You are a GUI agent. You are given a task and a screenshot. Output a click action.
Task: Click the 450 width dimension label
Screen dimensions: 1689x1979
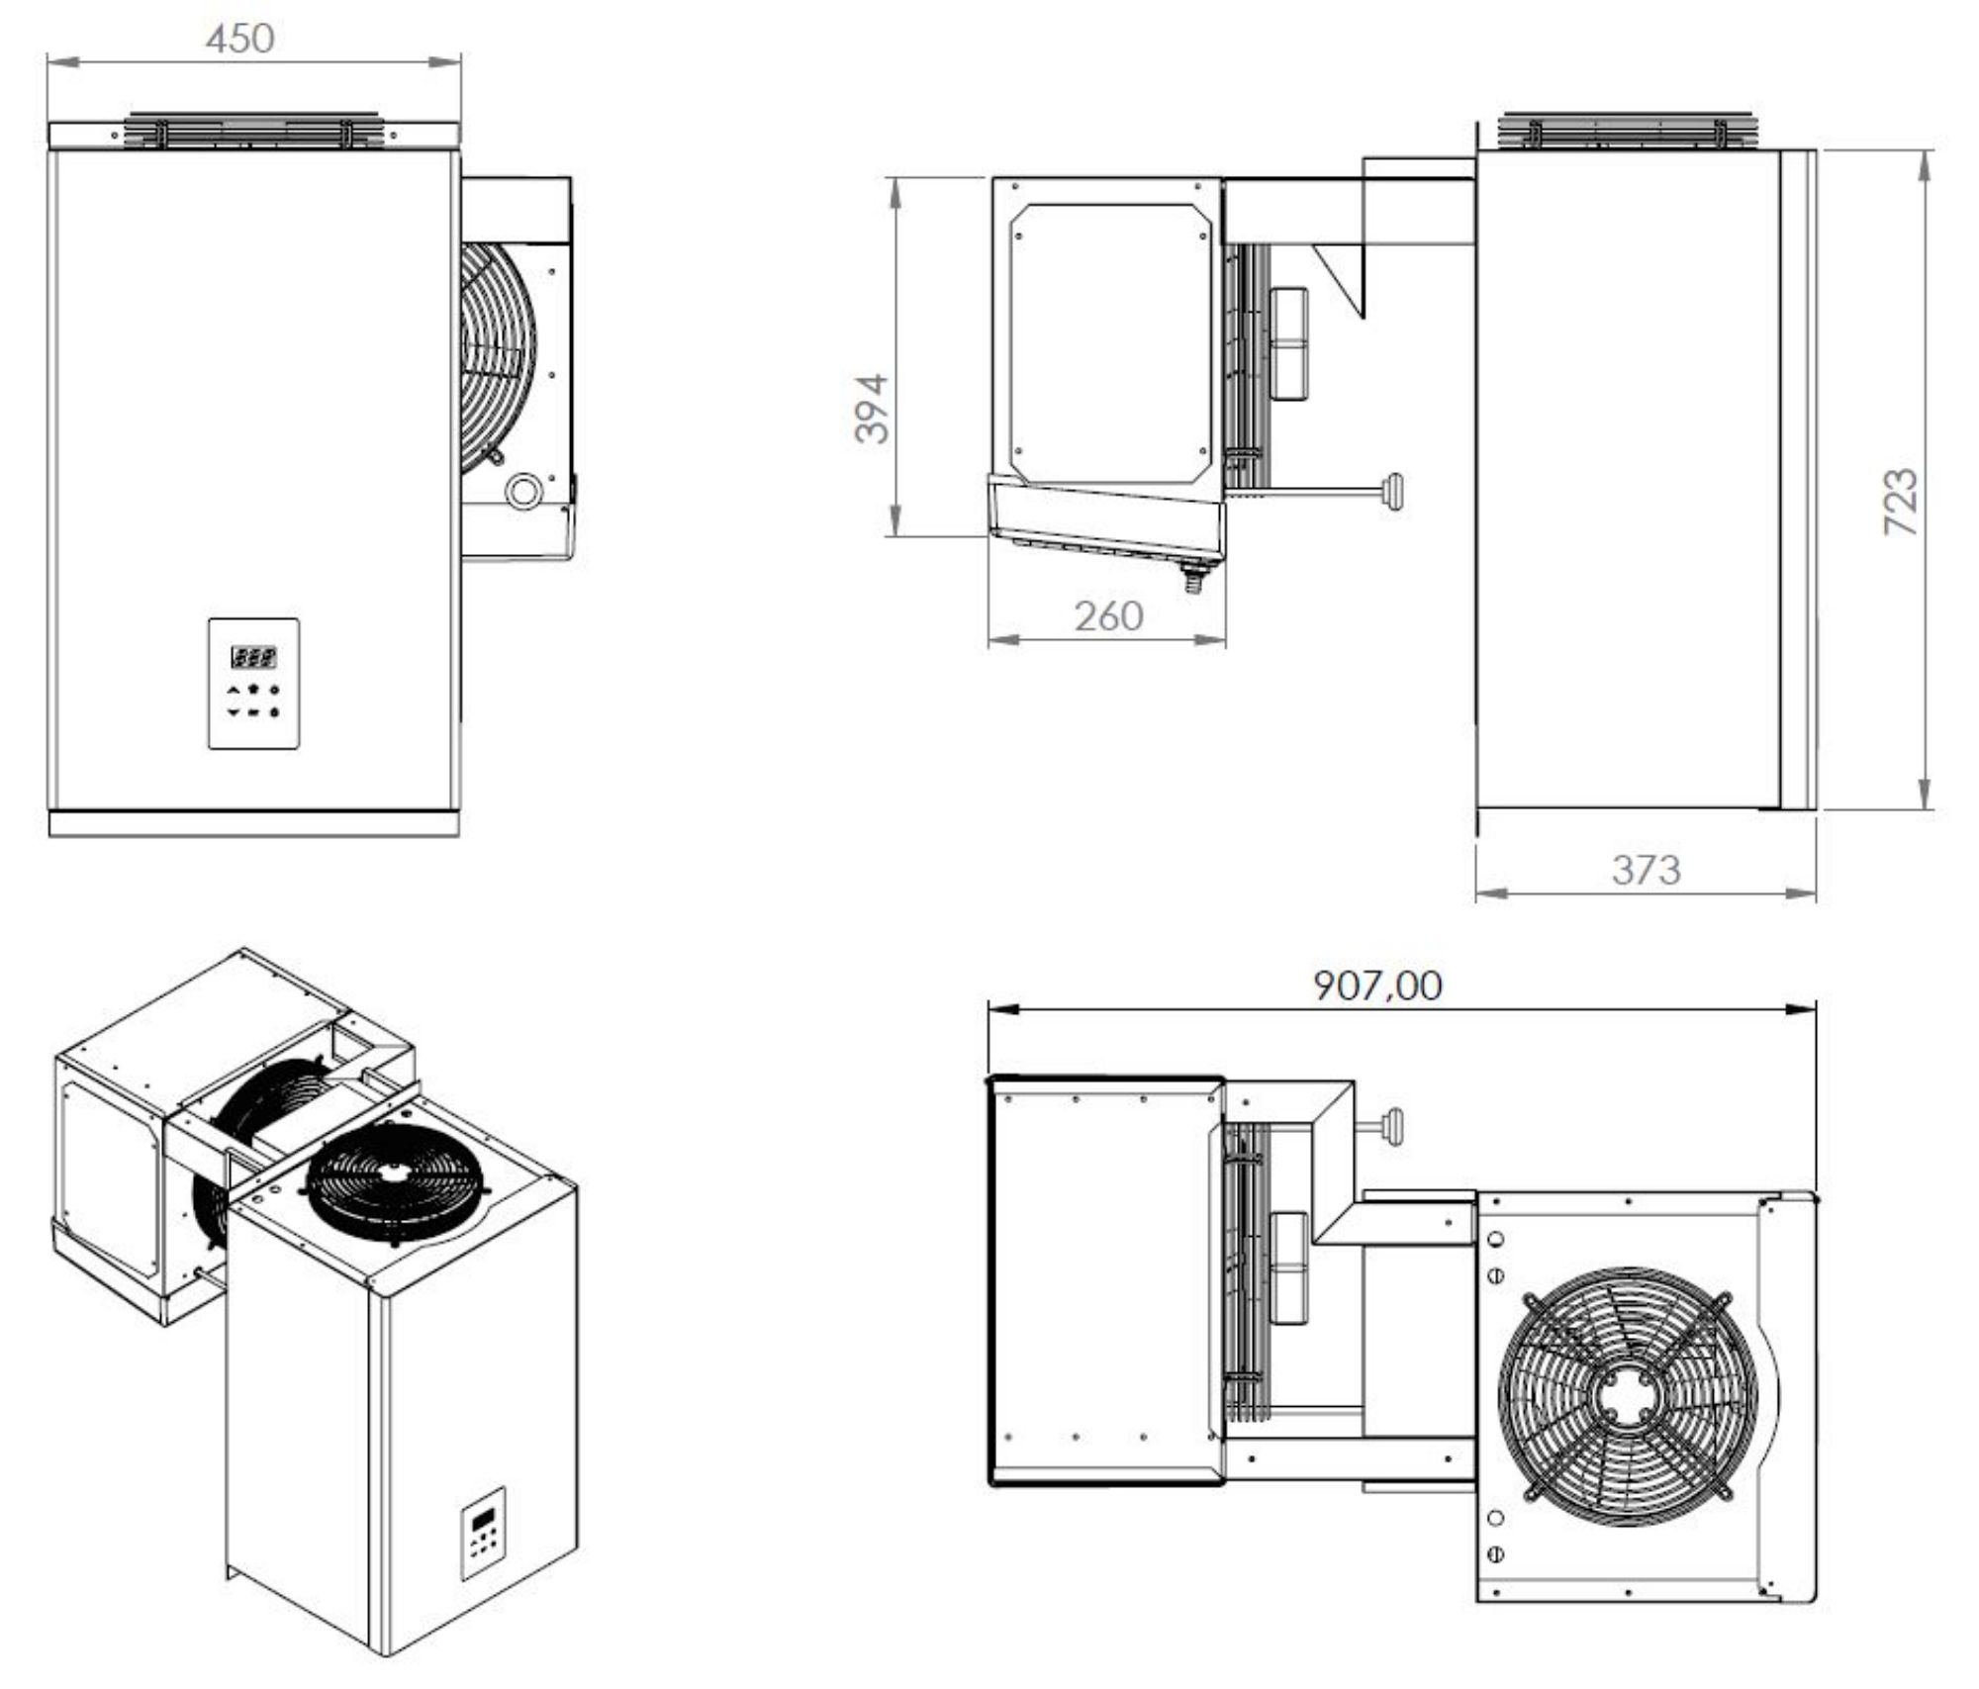239,39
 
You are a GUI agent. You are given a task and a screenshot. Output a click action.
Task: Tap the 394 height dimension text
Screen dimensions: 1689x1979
873,409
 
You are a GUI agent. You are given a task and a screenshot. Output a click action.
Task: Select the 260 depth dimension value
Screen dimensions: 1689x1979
1108,616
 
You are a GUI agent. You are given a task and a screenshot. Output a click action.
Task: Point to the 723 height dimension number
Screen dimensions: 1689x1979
1900,502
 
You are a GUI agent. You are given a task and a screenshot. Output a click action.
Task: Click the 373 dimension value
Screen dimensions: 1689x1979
1646,870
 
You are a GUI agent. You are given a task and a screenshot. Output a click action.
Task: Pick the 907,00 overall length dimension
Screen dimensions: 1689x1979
1377,985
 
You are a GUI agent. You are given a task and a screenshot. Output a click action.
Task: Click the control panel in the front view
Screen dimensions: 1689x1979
253,683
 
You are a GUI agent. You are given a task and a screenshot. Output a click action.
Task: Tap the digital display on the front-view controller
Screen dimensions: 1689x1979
253,656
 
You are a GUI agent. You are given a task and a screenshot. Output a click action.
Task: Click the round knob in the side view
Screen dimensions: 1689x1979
1396,491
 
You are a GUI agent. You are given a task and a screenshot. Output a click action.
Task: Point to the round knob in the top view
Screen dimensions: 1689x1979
1395,1125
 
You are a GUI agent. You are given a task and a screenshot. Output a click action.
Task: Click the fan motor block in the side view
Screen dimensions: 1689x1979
1289,343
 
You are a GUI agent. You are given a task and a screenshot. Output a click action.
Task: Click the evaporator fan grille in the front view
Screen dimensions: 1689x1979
495,354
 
